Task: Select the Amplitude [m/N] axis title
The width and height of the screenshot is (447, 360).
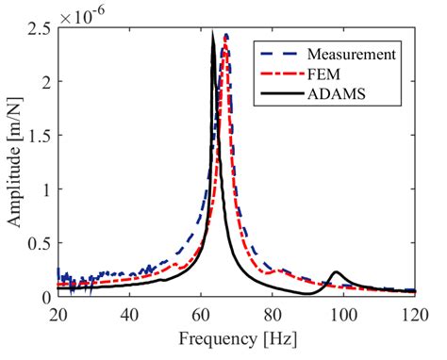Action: (x=16, y=162)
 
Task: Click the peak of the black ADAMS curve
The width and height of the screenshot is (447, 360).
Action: (x=213, y=32)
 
